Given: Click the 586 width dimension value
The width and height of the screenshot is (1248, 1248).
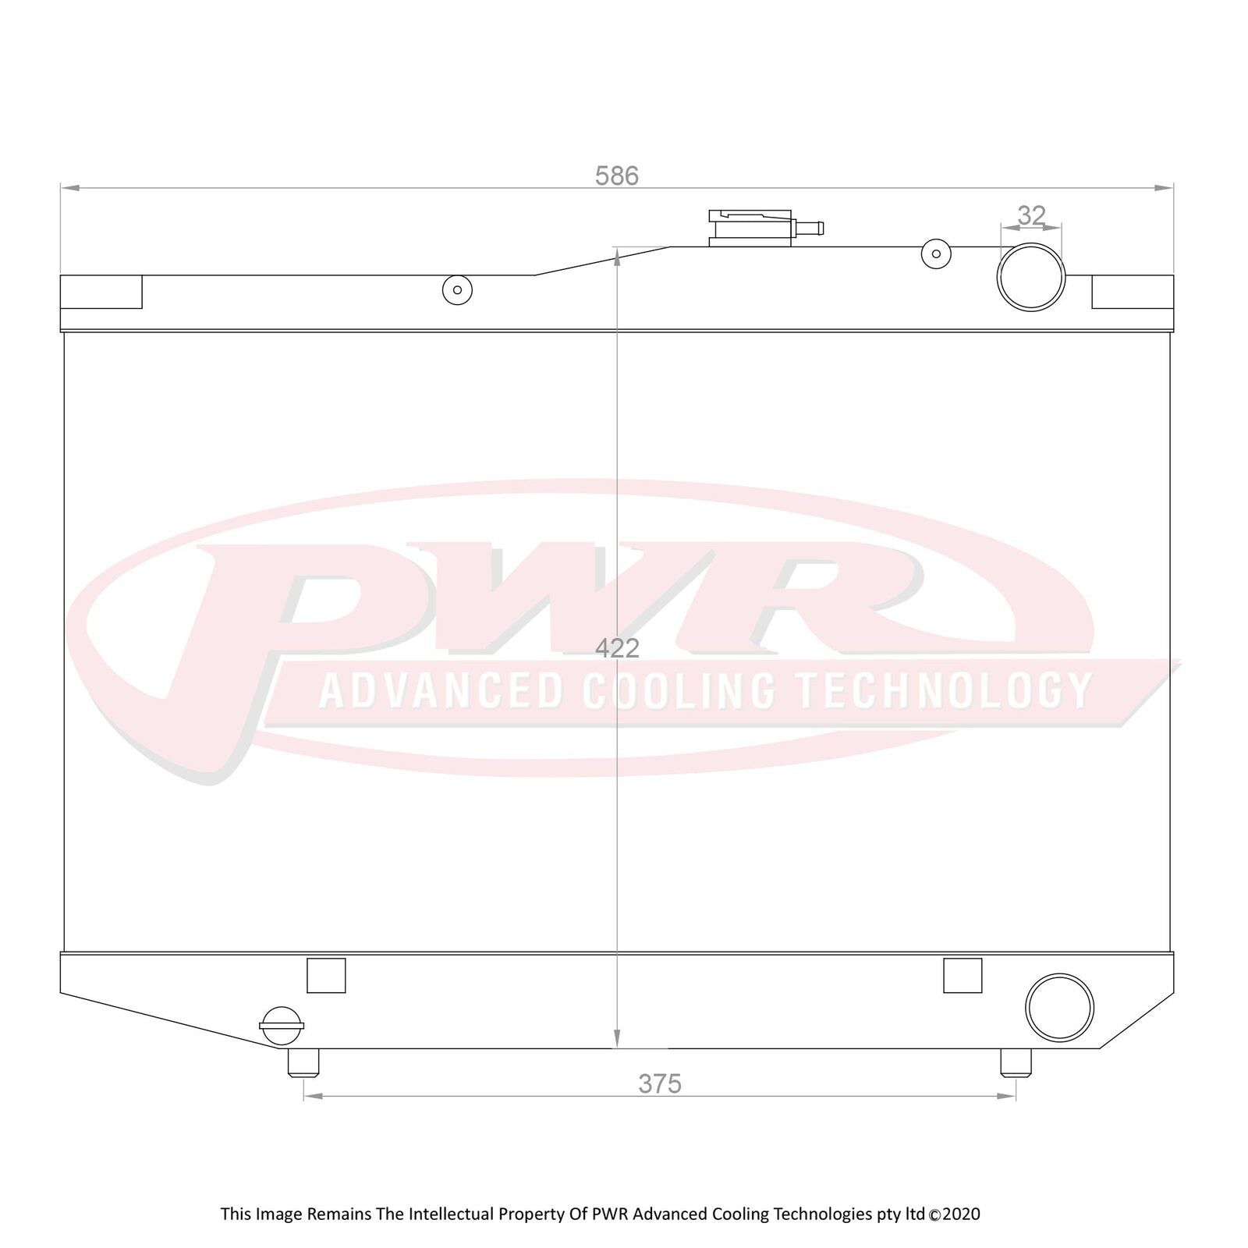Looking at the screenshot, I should (x=616, y=176).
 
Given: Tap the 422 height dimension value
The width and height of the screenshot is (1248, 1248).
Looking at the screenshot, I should (x=616, y=648).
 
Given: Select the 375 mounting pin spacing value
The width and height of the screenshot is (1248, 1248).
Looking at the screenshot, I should (x=660, y=1083).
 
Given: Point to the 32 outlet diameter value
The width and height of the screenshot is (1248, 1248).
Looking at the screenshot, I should (x=1031, y=215).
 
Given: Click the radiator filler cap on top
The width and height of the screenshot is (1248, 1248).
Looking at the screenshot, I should (x=751, y=228).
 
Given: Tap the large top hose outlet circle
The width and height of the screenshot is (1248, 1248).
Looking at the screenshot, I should (x=1031, y=277).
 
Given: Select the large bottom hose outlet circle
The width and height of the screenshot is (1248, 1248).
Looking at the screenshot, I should (x=1059, y=1007).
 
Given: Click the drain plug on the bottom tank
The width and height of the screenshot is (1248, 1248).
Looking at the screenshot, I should (x=282, y=1026).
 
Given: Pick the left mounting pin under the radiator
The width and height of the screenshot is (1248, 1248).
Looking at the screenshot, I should (x=303, y=1062).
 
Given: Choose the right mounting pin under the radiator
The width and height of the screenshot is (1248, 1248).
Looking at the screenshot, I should (x=1016, y=1062).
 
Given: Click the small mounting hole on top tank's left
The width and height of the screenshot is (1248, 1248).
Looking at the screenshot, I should (x=457, y=290).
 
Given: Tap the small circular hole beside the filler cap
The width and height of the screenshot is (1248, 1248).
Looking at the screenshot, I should (x=936, y=253).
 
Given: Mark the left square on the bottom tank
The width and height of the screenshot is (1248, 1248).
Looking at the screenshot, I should (x=326, y=975).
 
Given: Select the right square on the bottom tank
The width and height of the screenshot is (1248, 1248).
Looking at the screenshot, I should (x=963, y=975).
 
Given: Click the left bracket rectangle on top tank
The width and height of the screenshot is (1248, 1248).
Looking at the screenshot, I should (x=101, y=292).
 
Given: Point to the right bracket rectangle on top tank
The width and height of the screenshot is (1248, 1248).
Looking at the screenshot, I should (x=1133, y=292).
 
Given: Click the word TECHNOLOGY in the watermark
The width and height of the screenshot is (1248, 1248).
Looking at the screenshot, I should (x=944, y=690).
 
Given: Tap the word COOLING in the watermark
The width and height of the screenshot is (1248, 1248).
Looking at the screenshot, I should (x=679, y=690).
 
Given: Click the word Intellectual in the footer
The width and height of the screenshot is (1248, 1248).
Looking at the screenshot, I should (x=451, y=1214).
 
